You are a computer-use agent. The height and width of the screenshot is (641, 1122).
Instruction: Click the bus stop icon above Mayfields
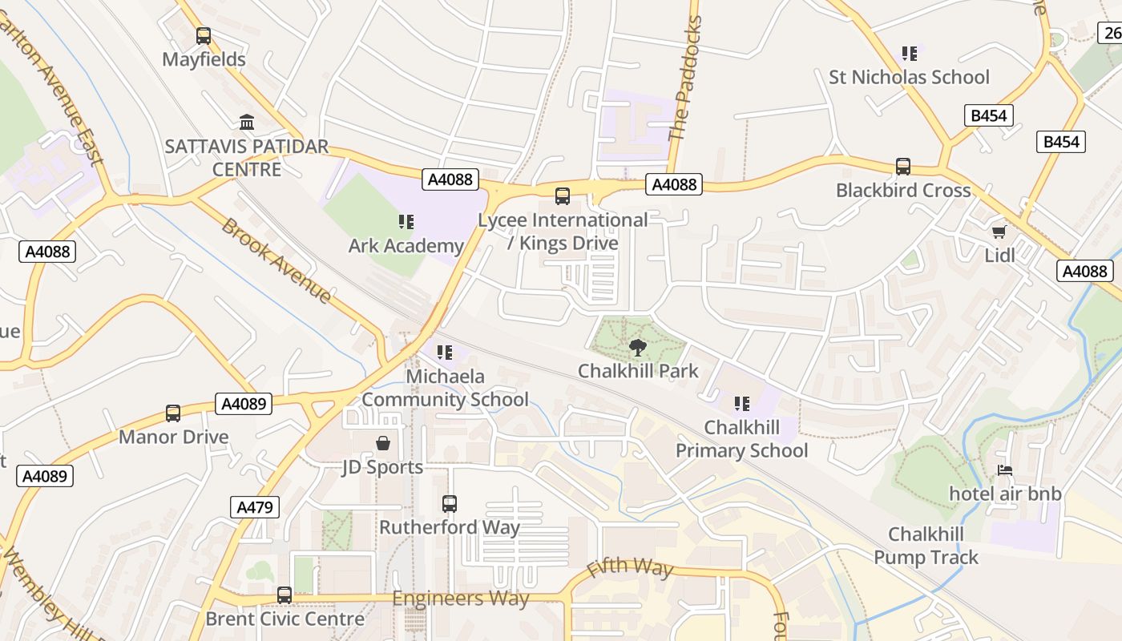click(204, 36)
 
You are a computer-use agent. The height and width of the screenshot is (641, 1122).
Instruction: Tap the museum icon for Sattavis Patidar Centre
click(247, 123)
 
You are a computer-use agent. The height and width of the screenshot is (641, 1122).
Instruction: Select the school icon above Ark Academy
click(406, 222)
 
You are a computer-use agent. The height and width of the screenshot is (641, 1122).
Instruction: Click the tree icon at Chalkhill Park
click(638, 348)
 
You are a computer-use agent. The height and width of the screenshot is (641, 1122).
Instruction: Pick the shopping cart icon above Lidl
click(999, 232)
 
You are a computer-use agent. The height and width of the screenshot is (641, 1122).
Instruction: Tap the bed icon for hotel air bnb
click(1005, 470)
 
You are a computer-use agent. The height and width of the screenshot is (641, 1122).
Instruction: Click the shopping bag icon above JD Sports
click(383, 443)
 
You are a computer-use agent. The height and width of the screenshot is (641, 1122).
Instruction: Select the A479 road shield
click(256, 506)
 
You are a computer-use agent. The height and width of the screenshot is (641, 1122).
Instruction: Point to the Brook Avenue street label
click(276, 260)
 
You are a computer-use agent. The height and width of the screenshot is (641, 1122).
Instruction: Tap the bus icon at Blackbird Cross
click(903, 167)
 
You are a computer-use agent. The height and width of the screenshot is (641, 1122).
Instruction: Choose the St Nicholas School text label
click(909, 78)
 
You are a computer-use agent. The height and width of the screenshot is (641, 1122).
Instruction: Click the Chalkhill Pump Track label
click(926, 546)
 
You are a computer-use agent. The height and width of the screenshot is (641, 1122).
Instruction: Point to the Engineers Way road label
click(460, 599)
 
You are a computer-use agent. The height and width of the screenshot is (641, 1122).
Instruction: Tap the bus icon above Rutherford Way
click(450, 504)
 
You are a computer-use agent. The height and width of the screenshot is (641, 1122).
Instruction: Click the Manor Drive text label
click(173, 437)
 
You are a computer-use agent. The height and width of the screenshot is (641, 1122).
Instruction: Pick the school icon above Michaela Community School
click(445, 353)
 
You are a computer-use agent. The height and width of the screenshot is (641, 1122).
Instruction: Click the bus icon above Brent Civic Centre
click(285, 595)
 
